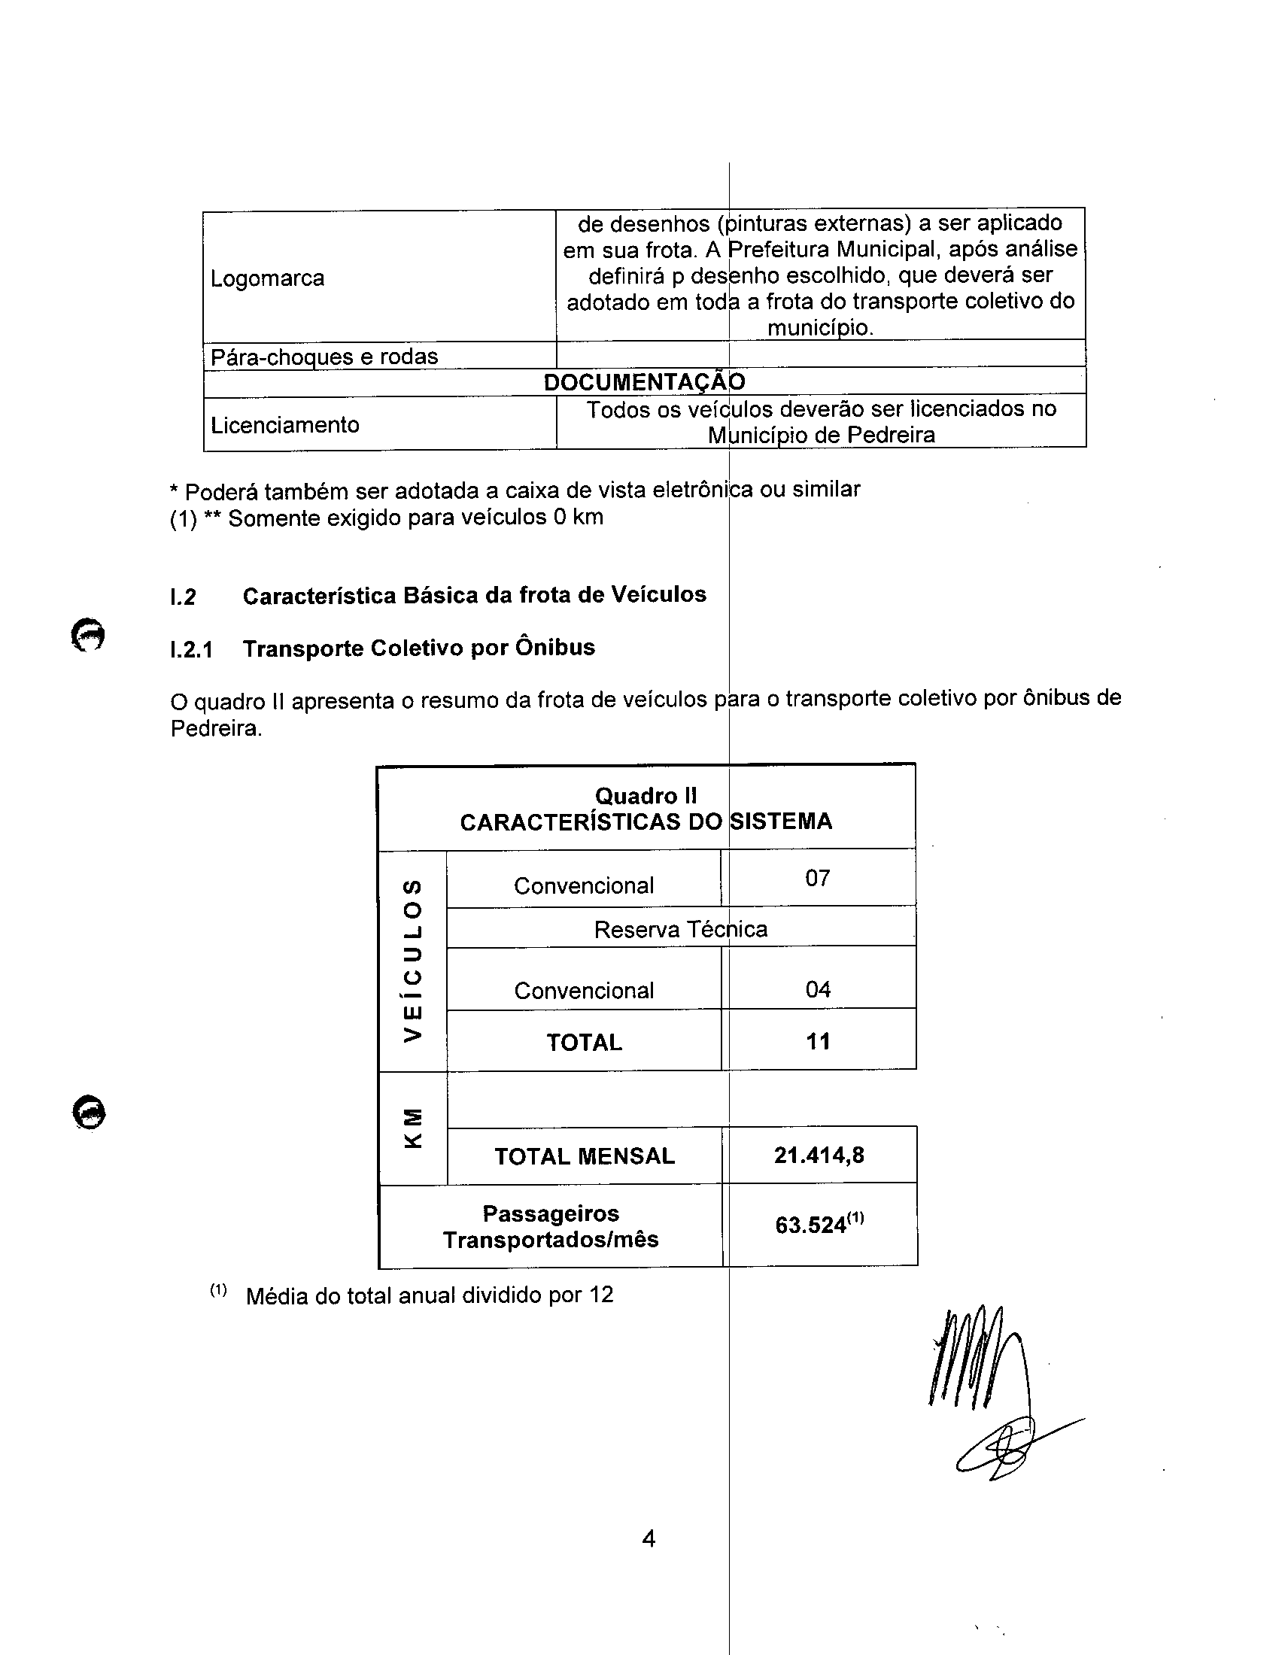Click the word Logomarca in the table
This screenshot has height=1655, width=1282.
coord(268,278)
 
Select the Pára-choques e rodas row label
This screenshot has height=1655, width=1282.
coord(324,356)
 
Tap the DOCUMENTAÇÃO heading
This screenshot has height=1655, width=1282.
coord(644,382)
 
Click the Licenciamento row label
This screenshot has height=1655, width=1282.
coord(285,424)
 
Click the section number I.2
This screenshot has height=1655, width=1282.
coord(183,597)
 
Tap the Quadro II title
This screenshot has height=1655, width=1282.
coord(646,796)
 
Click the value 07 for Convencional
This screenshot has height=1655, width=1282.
coord(818,878)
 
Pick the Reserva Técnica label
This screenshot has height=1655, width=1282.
coord(680,929)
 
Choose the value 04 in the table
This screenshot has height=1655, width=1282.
coord(818,989)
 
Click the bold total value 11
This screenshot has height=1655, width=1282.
coord(818,1041)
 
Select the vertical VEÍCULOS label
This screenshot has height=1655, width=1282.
coord(412,960)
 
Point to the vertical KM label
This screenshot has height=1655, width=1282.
coord(412,1128)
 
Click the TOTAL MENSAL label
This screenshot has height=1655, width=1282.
coord(584,1156)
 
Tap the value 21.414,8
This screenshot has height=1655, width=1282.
coord(819,1155)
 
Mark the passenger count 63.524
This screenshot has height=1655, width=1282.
coord(811,1225)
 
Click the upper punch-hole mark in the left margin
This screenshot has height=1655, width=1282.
coord(88,634)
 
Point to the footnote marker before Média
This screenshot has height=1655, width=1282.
coord(218,1289)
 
